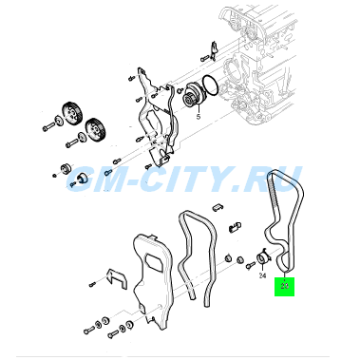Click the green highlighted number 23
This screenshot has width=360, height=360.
click(284, 286)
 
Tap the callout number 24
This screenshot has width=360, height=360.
click(262, 275)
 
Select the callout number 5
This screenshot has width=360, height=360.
click(199, 117)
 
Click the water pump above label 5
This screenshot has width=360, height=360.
click(194, 95)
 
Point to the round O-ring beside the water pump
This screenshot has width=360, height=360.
click(210, 85)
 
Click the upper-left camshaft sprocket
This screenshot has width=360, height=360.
click(72, 113)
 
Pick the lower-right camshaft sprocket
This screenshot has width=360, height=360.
click(94, 130)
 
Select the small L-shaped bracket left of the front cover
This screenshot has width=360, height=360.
click(116, 278)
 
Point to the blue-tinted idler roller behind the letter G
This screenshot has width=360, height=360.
click(83, 178)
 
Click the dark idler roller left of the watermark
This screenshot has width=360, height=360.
click(66, 168)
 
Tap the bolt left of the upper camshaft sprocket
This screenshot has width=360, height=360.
click(48, 127)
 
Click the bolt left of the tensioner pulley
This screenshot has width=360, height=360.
click(250, 265)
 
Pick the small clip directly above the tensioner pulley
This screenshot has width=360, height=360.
click(235, 227)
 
